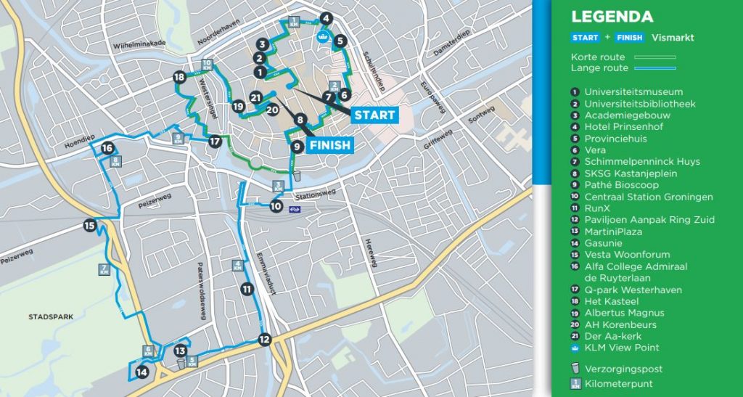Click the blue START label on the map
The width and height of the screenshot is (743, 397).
pos(374,115)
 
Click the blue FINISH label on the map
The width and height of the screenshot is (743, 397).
pos(330,145)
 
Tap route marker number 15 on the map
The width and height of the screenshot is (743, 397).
pos(89,226)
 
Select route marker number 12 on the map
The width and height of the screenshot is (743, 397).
pos(264,339)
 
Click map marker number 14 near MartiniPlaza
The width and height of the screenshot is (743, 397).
pos(141,372)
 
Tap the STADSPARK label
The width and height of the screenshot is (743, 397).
pos(47,317)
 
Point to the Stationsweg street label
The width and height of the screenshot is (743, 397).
pos(316,195)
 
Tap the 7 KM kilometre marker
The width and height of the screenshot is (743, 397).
pos(104,269)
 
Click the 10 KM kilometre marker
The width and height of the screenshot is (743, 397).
pos(207,64)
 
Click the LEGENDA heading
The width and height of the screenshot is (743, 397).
pos(612,17)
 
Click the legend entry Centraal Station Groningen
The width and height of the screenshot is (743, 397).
pos(649,197)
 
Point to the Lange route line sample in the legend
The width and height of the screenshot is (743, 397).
pos(655,68)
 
